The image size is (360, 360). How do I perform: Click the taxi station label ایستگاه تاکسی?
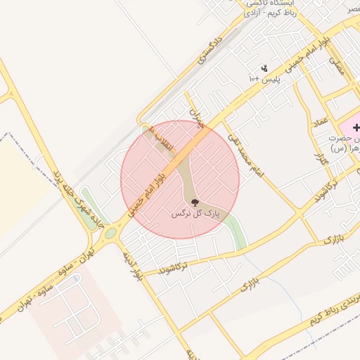[x=269, y=4]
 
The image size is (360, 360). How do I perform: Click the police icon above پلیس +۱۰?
[x=264, y=68]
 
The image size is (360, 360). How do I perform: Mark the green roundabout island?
[x=110, y=233]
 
